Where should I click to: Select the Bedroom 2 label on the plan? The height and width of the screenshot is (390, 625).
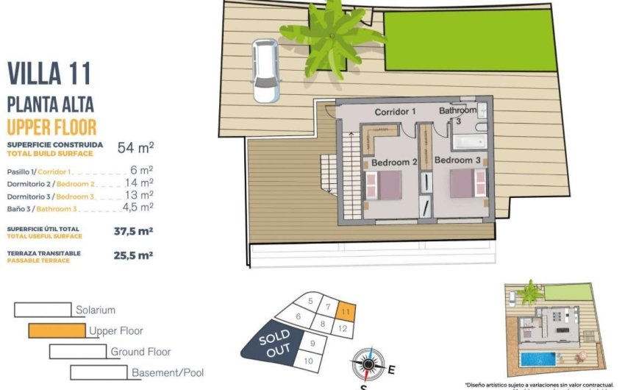click(394, 162)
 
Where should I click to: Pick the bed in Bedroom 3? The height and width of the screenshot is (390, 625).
click(464, 182)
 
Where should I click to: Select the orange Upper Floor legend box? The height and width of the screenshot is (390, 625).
click(57, 331)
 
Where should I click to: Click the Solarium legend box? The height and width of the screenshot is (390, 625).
click(43, 310)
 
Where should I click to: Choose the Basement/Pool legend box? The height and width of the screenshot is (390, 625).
click(99, 372)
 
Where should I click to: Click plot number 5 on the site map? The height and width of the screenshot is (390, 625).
click(311, 301)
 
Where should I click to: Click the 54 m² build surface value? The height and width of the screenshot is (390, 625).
click(135, 148)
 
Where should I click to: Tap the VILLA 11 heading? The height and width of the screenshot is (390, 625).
click(49, 74)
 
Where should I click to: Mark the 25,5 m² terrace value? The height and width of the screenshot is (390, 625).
click(133, 255)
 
